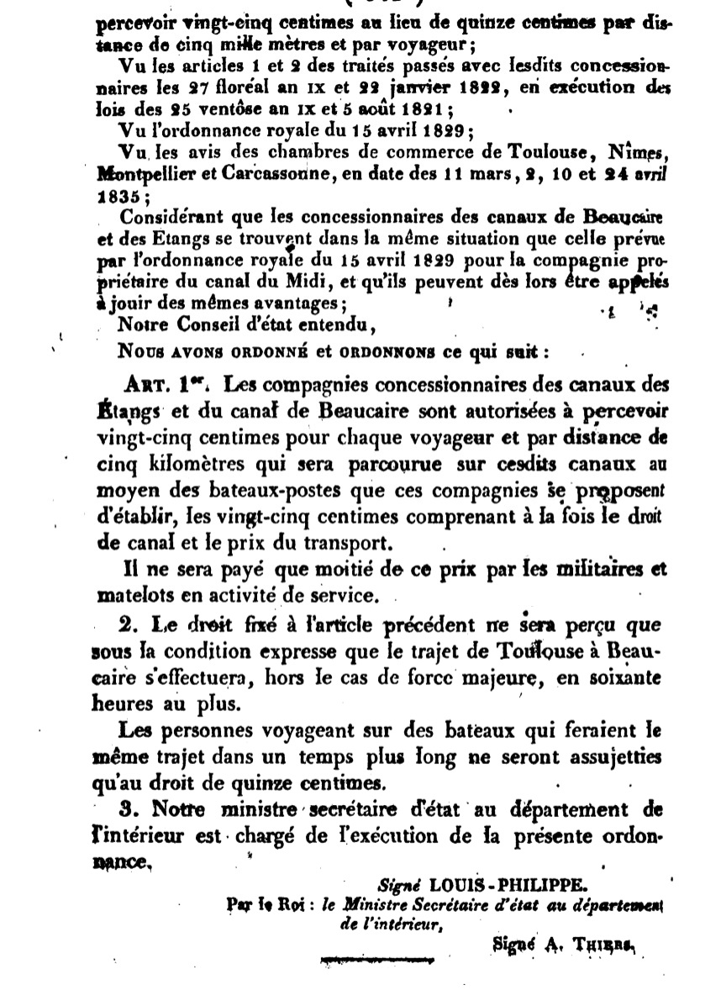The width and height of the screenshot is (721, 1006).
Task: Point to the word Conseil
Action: [213, 324]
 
